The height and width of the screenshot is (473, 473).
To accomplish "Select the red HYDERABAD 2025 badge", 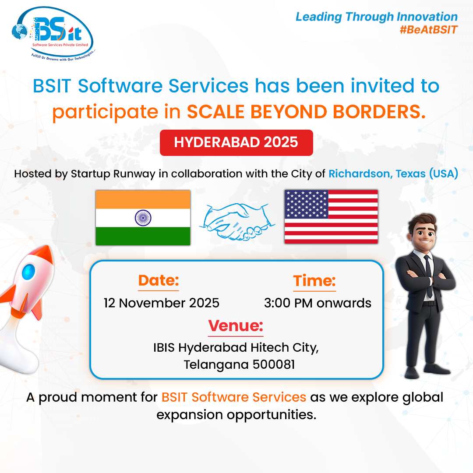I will coord(236,142).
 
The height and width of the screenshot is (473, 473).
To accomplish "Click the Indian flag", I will coord(143,217).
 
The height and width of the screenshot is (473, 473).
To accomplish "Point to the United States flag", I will coord(331,216).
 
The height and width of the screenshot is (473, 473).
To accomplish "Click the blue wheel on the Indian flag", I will coord(143,217).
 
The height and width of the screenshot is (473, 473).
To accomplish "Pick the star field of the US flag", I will coord(306,204).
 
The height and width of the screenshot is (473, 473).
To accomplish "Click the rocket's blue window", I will coord(29,271).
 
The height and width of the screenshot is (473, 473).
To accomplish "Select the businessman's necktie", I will coord(428,274).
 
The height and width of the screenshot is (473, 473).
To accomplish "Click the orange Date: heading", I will coord(159,281).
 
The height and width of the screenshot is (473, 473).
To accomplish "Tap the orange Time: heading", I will coord(314,281).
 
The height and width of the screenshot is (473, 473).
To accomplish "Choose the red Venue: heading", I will coord(236,326).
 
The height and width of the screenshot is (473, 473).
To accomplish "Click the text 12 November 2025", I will coord(162,303).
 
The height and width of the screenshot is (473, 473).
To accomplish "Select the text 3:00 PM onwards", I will coord(318,303).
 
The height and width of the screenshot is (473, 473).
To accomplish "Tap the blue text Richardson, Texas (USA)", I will coord(393,173).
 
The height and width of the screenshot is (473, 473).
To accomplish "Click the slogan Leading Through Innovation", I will coord(377,17).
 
